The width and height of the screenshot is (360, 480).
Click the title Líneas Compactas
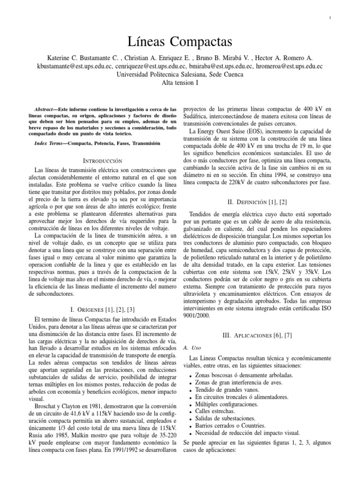pos(180,42)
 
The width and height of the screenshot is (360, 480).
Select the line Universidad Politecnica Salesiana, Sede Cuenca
pos(180,74)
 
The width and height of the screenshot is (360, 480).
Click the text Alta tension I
pos(180,82)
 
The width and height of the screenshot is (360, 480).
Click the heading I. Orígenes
pos(103,309)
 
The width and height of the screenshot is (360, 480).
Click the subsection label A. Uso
pos(187,349)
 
